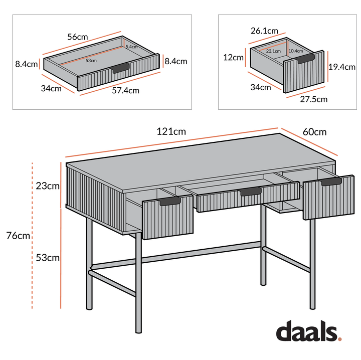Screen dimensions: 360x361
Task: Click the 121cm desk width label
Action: (x=171, y=132)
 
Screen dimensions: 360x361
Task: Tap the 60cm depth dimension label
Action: (x=314, y=132)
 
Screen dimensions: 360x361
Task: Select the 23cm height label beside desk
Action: (x=48, y=186)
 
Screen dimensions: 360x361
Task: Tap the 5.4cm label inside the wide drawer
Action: (x=131, y=47)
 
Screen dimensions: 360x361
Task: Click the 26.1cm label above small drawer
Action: (x=264, y=31)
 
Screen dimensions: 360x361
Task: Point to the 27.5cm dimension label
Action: (x=314, y=99)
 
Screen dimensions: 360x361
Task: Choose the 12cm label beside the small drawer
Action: (x=233, y=57)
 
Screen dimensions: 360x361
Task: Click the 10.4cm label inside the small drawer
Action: (x=295, y=51)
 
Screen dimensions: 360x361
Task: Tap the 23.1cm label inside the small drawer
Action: (x=273, y=51)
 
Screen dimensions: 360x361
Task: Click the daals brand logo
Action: (x=306, y=332)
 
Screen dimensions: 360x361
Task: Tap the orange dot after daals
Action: (x=339, y=339)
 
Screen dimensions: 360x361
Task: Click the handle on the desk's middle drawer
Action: (x=250, y=191)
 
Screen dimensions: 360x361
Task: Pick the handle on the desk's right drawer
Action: (x=331, y=182)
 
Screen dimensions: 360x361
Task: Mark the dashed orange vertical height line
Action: (x=33, y=236)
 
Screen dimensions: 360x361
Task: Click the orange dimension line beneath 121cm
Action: (x=170, y=144)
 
